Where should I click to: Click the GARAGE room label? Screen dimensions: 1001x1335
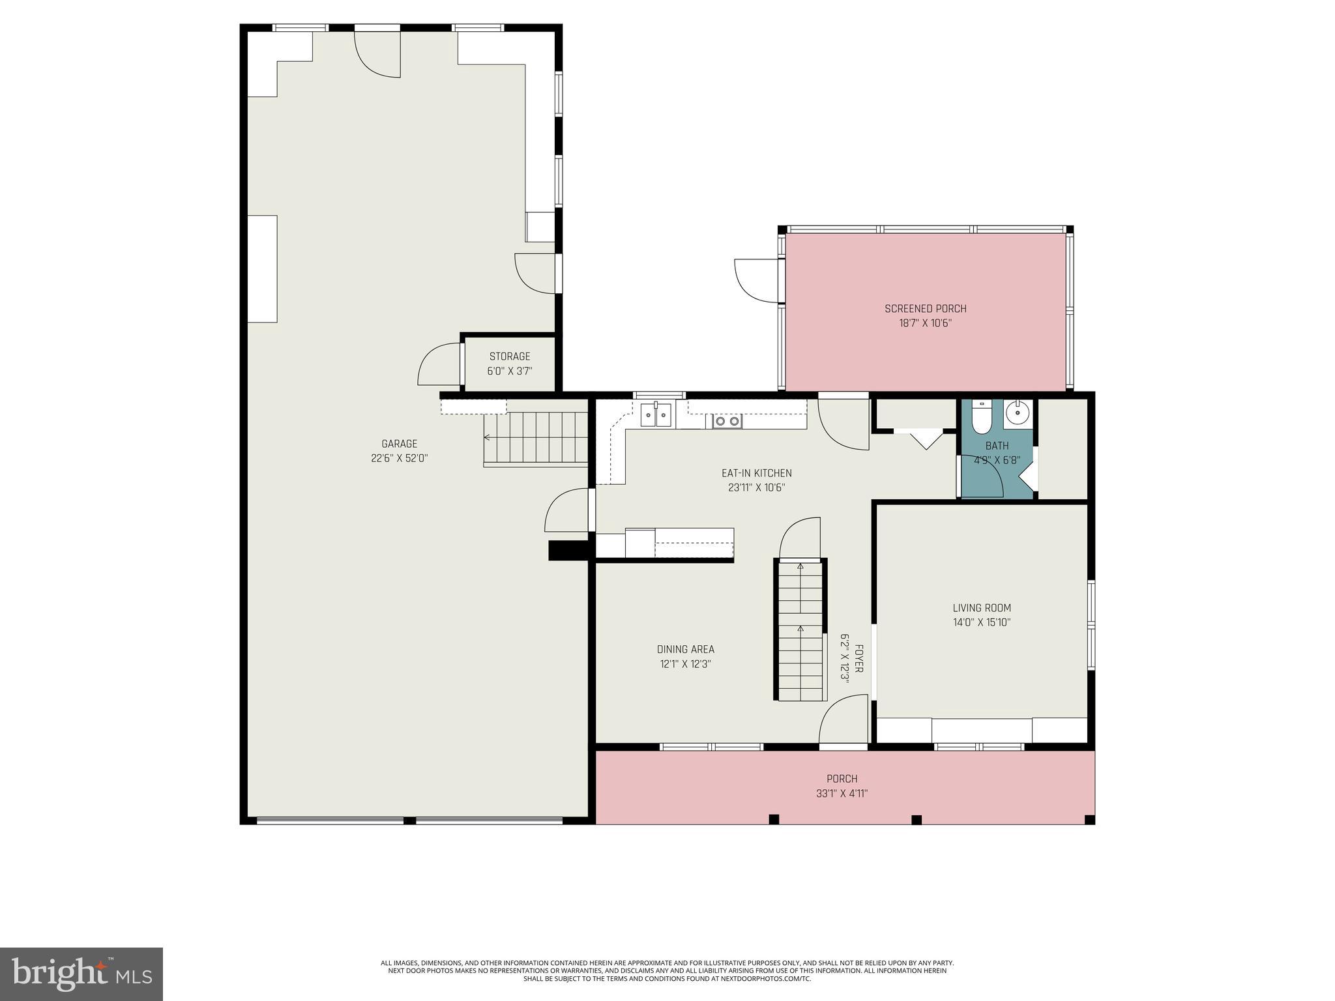pos(399,444)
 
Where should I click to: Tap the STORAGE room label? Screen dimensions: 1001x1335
pos(510,356)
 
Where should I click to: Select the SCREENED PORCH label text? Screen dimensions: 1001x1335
pos(925,309)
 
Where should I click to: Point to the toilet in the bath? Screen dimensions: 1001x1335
pos(981,416)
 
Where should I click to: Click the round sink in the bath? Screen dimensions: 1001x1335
pos(1017,412)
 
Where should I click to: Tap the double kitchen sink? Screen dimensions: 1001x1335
pos(656,415)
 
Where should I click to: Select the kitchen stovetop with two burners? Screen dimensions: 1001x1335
pos(727,422)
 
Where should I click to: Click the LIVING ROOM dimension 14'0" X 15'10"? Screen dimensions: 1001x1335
pos(981,622)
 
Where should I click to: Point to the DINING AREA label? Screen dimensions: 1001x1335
pos(685,649)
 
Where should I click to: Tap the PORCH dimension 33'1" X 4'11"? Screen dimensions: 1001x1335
pos(842,793)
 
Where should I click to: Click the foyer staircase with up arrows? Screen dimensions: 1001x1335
pos(800,629)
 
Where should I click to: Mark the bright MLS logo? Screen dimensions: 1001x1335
pos(81,974)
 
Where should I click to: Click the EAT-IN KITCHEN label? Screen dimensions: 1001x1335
pos(756,473)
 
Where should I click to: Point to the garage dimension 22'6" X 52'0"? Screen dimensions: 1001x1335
pos(399,458)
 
